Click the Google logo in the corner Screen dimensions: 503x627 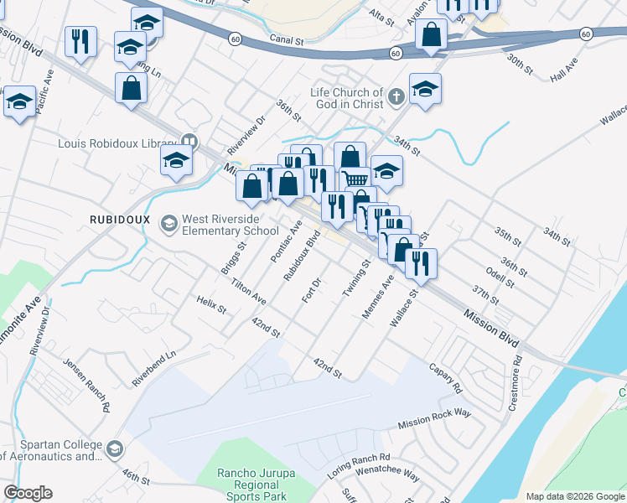[x=28, y=493]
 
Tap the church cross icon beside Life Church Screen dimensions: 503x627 [x=396, y=99]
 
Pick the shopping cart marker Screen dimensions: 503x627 [x=356, y=179]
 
